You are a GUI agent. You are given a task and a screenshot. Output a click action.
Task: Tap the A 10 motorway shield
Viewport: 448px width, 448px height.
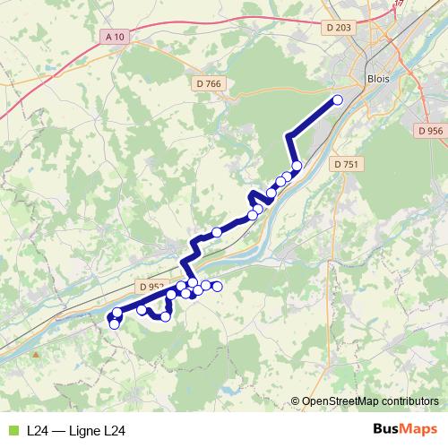click(115, 37)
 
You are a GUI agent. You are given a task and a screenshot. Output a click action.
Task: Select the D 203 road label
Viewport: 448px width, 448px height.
click(340, 28)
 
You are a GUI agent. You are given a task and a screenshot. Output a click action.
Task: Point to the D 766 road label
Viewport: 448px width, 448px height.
click(207, 84)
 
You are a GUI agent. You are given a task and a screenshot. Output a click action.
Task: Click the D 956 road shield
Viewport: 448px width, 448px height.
click(430, 131)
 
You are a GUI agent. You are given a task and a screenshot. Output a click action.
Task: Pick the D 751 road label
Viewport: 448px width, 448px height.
click(345, 164)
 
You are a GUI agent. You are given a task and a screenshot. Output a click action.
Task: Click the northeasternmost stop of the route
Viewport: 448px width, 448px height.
click(338, 100)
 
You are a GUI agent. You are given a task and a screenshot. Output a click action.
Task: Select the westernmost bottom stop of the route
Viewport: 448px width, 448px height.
click(114, 323)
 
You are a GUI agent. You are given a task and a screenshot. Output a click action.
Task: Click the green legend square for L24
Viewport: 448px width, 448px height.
click(13, 430)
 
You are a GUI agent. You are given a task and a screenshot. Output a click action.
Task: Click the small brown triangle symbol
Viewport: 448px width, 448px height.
click(36, 354)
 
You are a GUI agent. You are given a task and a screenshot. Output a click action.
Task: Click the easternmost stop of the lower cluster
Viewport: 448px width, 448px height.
click(217, 286)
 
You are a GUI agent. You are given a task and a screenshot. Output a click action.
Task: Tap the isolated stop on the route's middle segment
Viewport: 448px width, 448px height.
click(216, 232)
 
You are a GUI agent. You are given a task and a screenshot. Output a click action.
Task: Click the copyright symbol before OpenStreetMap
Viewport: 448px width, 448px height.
click(296, 401)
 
